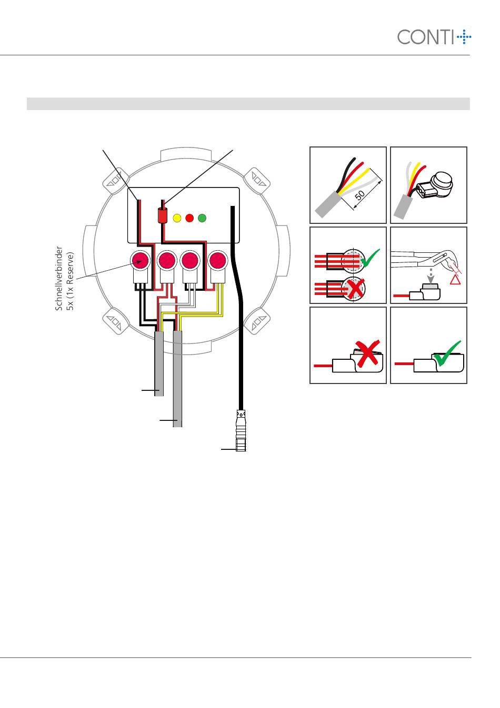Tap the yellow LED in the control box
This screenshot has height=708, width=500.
(177, 217)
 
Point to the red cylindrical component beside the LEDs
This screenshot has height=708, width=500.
(163, 215)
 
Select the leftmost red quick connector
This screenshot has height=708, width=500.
(141, 260)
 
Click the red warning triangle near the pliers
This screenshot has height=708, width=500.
(454, 279)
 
